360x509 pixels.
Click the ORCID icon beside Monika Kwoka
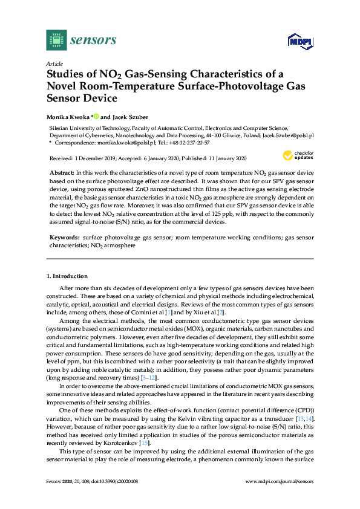tap(96, 116)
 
